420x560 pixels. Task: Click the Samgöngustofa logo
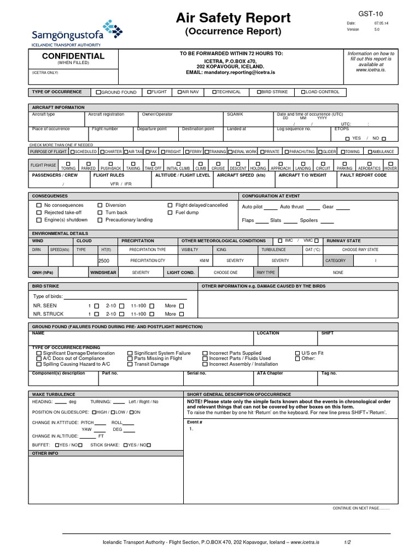(73, 33)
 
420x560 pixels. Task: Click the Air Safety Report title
(233, 18)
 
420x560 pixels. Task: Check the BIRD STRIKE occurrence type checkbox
(259, 92)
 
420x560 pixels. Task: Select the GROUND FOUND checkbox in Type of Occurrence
(98, 92)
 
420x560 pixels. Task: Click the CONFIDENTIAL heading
(66, 56)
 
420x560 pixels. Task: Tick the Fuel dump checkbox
(171, 212)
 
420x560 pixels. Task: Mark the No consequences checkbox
(39, 205)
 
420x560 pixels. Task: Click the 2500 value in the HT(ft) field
(104, 261)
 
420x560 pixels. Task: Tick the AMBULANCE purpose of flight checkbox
(370, 151)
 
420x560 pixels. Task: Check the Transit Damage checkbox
(130, 364)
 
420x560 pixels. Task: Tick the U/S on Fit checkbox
(298, 353)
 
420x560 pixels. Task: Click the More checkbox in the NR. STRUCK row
(182, 314)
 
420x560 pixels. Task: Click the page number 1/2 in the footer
(347, 541)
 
